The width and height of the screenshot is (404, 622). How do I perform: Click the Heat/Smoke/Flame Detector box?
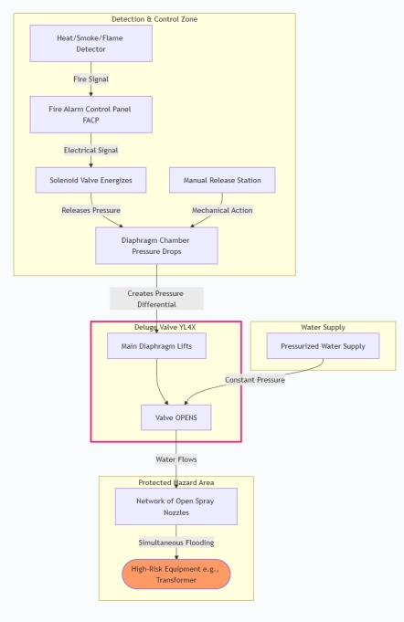(x=90, y=43)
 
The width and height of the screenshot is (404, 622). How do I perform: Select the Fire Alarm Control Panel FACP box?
(x=90, y=114)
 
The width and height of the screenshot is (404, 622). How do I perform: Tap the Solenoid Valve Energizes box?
(x=90, y=180)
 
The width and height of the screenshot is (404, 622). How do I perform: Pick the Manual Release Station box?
(x=222, y=180)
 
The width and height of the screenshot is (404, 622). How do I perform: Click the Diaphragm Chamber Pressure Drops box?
(x=156, y=246)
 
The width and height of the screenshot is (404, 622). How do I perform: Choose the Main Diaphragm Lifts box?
(x=156, y=346)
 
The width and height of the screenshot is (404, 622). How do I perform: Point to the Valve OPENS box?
(x=176, y=417)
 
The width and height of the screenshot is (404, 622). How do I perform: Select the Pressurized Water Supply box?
(x=323, y=346)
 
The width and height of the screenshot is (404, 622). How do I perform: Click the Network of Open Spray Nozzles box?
(x=176, y=507)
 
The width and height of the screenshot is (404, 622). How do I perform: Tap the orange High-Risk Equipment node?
(x=176, y=574)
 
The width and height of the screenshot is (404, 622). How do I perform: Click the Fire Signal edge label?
(x=90, y=79)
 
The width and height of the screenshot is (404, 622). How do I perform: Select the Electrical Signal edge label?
(x=90, y=150)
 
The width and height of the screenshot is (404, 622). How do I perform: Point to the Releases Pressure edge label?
(x=90, y=210)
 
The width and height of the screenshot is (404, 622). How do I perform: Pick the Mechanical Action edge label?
(x=222, y=210)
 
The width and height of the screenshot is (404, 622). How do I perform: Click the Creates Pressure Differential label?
(x=156, y=299)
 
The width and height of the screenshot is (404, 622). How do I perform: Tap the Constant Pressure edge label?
(x=255, y=380)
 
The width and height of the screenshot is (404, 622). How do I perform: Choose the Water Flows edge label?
(x=176, y=459)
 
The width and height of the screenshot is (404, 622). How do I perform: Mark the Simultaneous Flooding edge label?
(x=176, y=543)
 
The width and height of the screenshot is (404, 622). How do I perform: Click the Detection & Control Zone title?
(x=154, y=19)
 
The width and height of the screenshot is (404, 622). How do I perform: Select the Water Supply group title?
(x=323, y=327)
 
